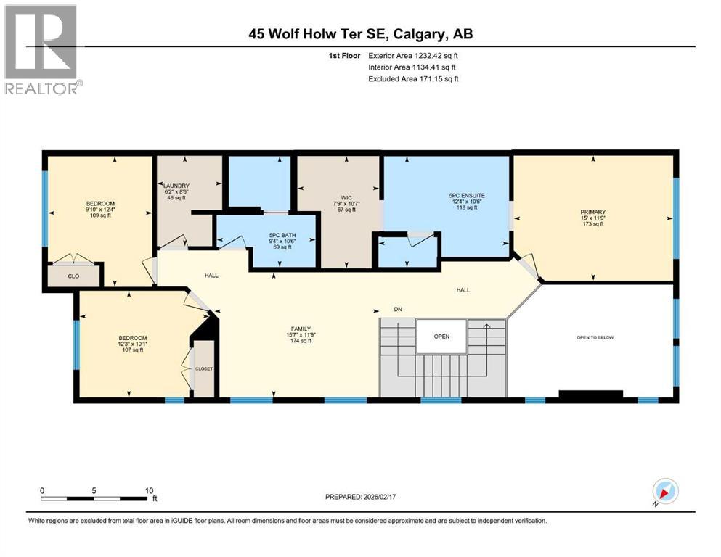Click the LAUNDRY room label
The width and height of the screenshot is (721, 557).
(176, 186)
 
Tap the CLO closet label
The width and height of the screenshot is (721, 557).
(73, 276)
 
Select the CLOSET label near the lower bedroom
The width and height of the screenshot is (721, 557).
(204, 368)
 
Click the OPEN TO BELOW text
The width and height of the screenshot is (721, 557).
(595, 338)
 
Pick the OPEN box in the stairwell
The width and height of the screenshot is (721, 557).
(441, 336)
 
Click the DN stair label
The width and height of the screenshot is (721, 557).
(398, 310)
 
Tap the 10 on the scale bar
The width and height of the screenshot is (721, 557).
(149, 490)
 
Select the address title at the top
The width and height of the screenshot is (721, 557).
(361, 34)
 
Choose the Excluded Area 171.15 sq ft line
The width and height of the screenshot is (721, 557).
(413, 78)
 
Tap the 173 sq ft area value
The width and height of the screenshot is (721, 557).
(592, 224)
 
